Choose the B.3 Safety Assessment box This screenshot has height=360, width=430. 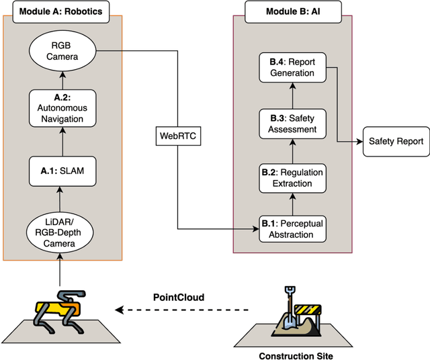point(292,124)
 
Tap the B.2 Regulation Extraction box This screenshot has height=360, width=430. point(292,177)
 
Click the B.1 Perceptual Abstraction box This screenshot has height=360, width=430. point(292,228)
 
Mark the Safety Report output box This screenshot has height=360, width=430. point(396,141)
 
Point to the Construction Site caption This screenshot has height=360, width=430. point(294,354)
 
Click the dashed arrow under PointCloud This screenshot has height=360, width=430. point(182,310)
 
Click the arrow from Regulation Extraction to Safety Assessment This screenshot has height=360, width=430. point(292,150)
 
